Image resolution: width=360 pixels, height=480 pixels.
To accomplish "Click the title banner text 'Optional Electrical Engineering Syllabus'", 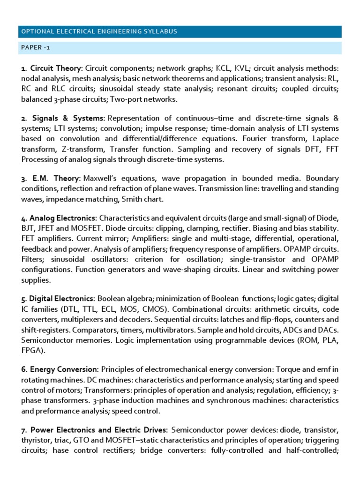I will coord(99,31).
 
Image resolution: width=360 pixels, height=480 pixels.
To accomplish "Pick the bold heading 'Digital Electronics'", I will coord(62,299).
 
